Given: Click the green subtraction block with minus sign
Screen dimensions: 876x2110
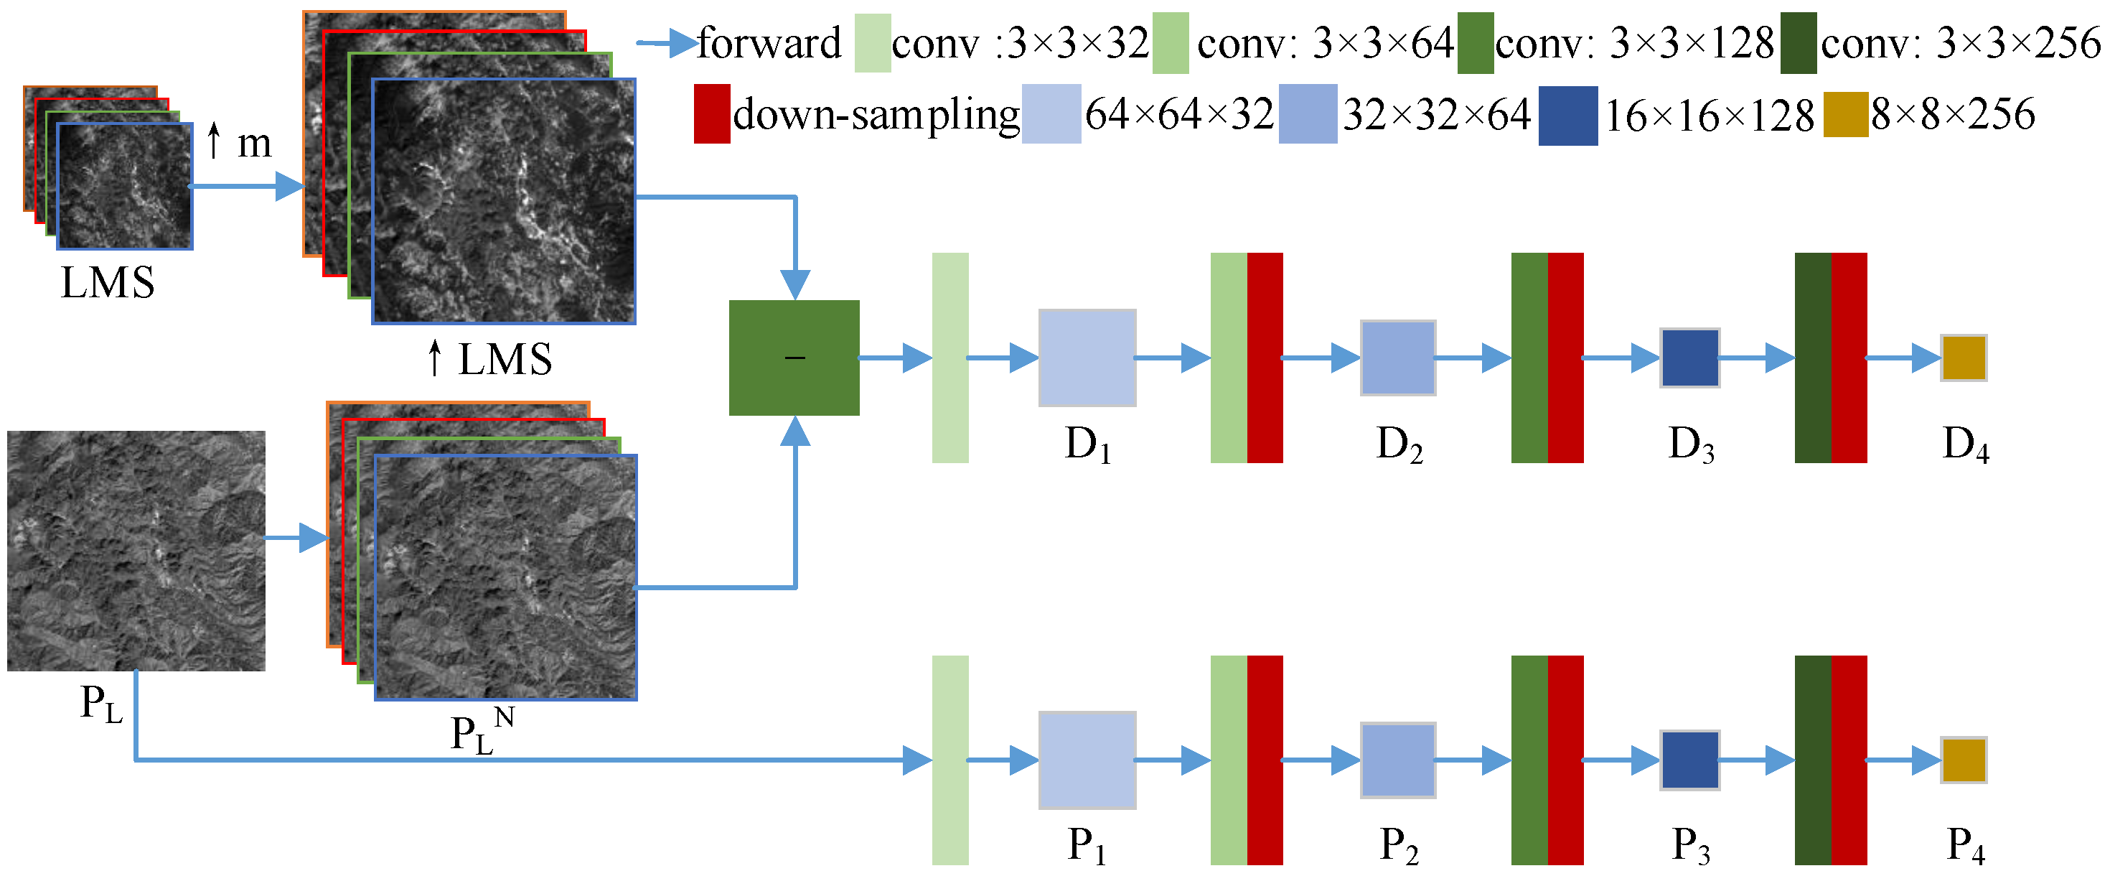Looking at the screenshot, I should pos(794,358).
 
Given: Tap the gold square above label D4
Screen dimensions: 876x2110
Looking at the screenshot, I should pos(1964,358).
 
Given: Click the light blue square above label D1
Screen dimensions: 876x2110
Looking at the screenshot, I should pos(1087,358).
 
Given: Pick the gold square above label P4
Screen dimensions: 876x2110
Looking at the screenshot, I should pos(1964,760).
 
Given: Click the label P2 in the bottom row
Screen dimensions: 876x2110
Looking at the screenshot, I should pos(1398,846).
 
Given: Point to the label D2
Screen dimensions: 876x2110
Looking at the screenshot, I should pos(1398,445).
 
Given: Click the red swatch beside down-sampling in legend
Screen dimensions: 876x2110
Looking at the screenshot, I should pos(711,114).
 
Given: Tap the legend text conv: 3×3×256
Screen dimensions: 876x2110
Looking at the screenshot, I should pos(1960,42).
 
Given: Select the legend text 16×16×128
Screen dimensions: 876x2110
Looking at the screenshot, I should pos(1709,116).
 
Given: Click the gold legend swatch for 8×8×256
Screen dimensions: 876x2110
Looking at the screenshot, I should pos(1844,115).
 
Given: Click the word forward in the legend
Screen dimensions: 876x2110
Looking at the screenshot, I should pos(769,42).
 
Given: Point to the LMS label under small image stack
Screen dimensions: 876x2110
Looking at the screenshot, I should pos(108,283).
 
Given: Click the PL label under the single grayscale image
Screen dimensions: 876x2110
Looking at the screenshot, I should pos(100,704).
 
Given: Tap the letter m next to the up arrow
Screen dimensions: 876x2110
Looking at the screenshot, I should pos(254,144).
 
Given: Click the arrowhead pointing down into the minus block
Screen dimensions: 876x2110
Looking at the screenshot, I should pos(794,285).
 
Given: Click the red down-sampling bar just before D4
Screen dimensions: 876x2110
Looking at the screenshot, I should pos(1849,358).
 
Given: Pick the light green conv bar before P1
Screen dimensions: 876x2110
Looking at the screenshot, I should pos(950,760).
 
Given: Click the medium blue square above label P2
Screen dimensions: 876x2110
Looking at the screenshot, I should pos(1397,760).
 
